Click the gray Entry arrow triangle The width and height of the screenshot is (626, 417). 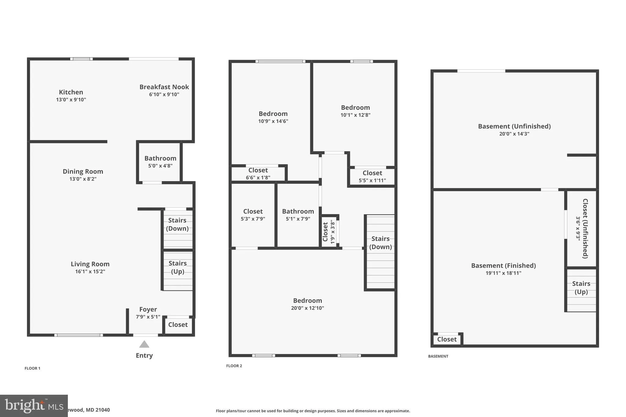point(144,345)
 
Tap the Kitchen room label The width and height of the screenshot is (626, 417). point(71,92)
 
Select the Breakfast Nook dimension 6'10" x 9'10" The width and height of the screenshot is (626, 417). point(164,95)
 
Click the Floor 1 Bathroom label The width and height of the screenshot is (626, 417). point(160,158)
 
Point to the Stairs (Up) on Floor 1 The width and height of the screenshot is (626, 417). point(178,267)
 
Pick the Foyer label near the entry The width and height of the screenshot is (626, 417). point(148,309)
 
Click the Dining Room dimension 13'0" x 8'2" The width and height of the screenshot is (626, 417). point(83,179)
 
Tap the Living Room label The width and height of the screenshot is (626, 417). point(90,264)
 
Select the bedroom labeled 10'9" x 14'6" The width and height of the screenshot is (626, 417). point(273,117)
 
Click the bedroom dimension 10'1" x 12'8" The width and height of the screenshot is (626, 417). point(355,115)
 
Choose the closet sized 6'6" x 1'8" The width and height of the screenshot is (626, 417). point(258,174)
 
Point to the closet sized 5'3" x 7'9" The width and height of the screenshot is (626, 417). point(253,215)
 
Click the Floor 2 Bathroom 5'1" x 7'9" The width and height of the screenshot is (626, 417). point(298,215)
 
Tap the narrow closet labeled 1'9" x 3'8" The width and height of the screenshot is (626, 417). point(329,232)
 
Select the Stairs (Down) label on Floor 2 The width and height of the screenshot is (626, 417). point(381,243)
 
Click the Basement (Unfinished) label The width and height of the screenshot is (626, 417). point(514,126)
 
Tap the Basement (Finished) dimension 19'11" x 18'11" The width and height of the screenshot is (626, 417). point(503,273)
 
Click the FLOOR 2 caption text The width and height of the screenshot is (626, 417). point(234,366)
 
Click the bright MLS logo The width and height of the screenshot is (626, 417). point(34,406)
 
